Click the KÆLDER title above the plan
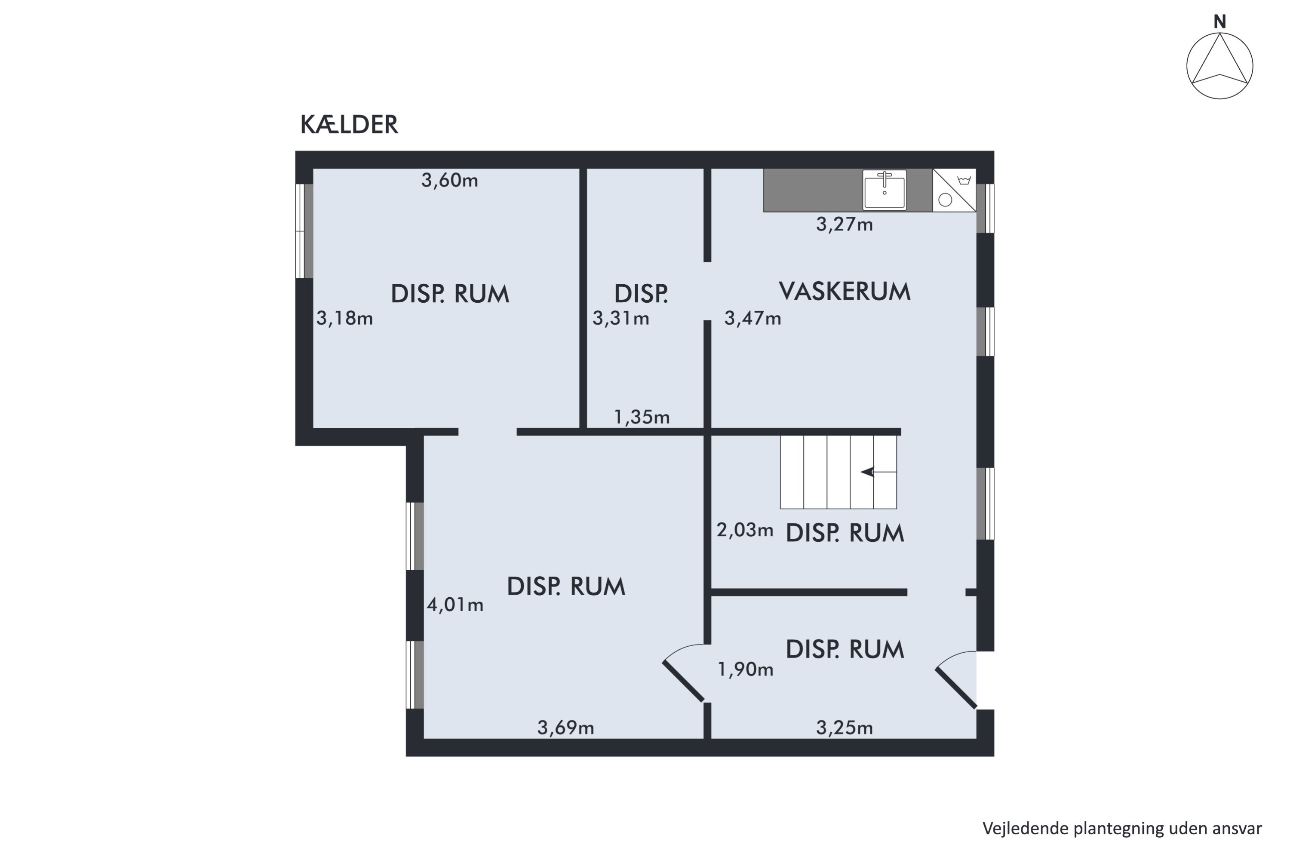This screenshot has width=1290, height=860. click(349, 125)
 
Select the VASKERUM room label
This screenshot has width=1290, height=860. click(844, 291)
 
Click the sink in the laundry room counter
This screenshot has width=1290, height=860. click(884, 190)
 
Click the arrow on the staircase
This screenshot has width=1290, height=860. click(868, 472)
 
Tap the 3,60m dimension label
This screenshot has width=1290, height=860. click(449, 181)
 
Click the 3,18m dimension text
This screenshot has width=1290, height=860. click(344, 318)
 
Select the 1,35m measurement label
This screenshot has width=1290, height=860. click(641, 418)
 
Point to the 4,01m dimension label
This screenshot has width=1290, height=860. click(455, 605)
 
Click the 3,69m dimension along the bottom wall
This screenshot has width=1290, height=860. click(565, 728)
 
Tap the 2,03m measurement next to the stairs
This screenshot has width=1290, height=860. click(744, 530)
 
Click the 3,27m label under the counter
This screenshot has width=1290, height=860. click(844, 224)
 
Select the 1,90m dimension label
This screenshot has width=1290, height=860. click(745, 669)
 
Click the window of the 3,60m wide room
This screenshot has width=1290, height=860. click(304, 231)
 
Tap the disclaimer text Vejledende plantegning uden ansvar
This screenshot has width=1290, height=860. click(1121, 828)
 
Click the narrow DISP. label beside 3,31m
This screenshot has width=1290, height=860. click(641, 294)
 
